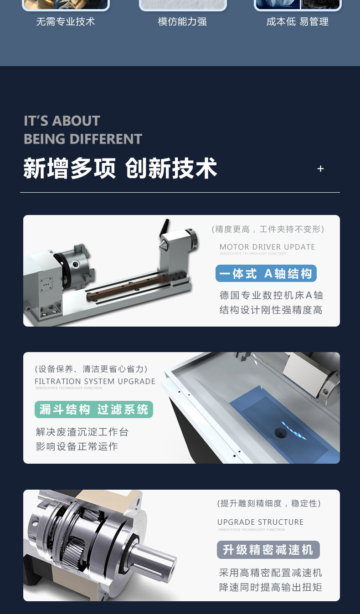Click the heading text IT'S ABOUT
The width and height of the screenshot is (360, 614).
62,121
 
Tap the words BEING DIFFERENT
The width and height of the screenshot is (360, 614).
83,139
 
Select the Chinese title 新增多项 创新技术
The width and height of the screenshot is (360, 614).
120,169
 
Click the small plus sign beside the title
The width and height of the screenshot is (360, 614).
320,169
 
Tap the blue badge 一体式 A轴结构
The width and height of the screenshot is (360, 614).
266,274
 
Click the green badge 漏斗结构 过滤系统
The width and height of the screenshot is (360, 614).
94,409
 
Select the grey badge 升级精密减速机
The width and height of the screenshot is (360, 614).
268,550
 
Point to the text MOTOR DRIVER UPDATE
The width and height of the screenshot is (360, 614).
267,247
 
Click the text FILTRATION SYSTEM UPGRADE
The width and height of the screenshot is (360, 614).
95,381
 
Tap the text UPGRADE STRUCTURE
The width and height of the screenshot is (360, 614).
260,522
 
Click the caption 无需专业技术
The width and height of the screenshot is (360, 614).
66,22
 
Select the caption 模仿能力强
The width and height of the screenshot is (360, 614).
182,22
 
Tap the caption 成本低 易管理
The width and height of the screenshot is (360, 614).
297,22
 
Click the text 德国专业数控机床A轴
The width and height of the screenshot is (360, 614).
271,295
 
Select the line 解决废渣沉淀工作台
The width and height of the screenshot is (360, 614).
82,432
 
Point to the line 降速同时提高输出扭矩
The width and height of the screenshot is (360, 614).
270,587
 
